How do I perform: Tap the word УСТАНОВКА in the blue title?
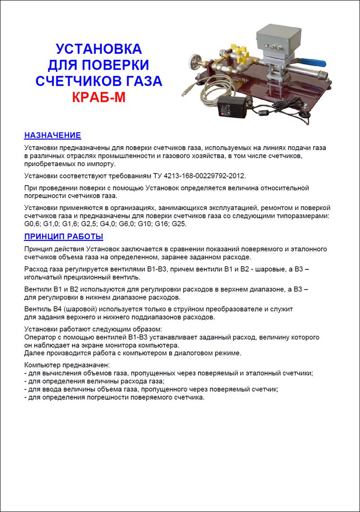tap(98, 49)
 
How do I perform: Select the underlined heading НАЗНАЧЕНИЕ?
tap(52, 135)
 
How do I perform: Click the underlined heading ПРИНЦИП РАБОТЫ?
tap(63, 236)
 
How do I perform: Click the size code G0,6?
tap(33, 224)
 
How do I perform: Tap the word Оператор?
tap(39, 337)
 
